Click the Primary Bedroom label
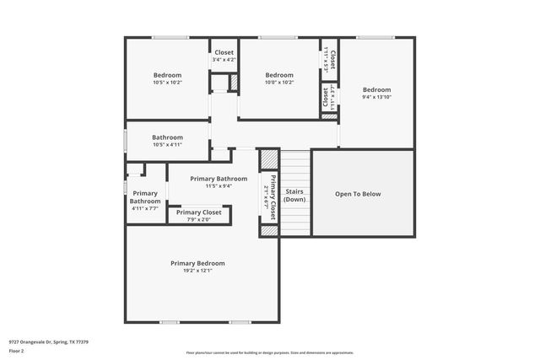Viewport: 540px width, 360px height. pyautogui.click(x=197, y=263)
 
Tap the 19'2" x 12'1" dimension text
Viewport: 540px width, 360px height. pyautogui.click(x=197, y=271)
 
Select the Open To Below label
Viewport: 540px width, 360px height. pyautogui.click(x=358, y=194)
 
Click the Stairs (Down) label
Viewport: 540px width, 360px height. pyautogui.click(x=294, y=196)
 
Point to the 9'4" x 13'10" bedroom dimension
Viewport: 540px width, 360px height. pyautogui.click(x=376, y=98)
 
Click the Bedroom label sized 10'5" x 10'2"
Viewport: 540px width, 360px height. pyautogui.click(x=167, y=75)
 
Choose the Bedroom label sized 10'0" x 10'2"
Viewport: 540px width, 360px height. pyautogui.click(x=279, y=75)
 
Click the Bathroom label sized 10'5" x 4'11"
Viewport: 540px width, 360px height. pyautogui.click(x=167, y=137)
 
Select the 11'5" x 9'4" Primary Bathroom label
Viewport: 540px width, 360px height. pyautogui.click(x=219, y=179)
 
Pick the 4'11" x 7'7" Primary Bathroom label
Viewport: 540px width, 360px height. pyautogui.click(x=145, y=201)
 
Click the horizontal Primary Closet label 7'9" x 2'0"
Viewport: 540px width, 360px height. pyautogui.click(x=199, y=212)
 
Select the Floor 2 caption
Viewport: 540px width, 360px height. pyautogui.click(x=15, y=351)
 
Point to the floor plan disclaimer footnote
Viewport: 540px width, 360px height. pyautogui.click(x=269, y=352)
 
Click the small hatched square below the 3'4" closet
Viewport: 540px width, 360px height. pyautogui.click(x=234, y=83)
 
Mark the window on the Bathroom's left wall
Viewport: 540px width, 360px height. pyautogui.click(x=126, y=141)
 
